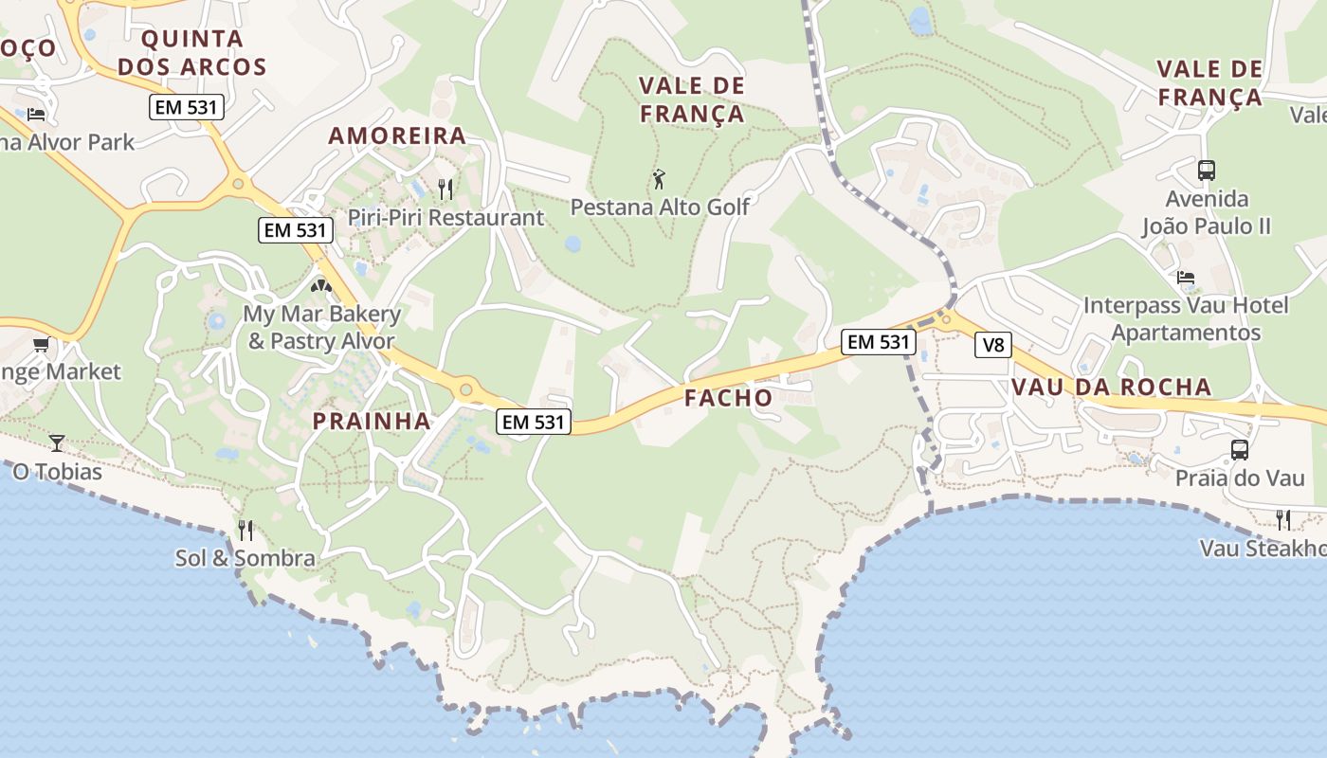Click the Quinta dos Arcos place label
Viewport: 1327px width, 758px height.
tap(204, 53)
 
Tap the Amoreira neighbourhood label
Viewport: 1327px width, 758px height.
tap(397, 135)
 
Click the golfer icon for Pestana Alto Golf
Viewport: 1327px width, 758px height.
tap(659, 178)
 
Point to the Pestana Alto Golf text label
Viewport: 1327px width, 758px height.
tap(660, 207)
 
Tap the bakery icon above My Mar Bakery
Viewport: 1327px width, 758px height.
tap(321, 284)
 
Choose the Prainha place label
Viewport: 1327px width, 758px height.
tap(372, 421)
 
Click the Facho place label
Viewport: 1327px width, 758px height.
tap(729, 398)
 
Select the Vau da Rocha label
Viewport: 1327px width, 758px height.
tap(1111, 387)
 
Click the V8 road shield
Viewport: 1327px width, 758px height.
tap(992, 345)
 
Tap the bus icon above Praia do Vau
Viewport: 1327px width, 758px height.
tap(1239, 450)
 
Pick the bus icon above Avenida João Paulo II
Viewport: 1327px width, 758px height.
tap(1206, 171)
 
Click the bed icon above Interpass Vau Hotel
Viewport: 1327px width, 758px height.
tap(1185, 278)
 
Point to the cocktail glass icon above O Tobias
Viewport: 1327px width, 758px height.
tap(57, 442)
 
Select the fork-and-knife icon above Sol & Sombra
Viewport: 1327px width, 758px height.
tap(245, 530)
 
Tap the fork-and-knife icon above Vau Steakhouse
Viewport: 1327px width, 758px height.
tap(1282, 519)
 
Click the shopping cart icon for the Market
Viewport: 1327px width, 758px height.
tap(41, 344)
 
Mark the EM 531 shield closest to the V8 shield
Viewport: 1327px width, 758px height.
tap(879, 342)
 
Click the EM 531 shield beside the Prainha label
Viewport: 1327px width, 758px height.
tap(535, 422)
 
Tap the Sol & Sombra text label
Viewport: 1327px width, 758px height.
tap(245, 558)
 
